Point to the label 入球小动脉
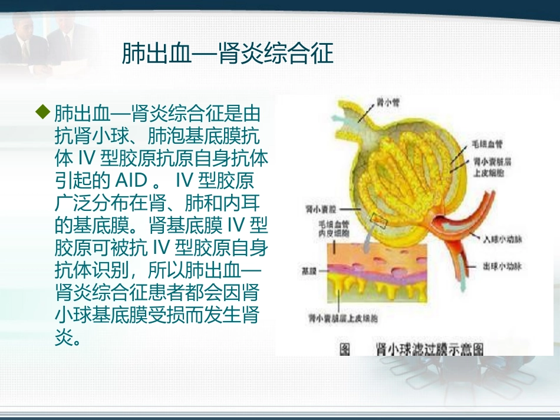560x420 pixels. click(503, 239)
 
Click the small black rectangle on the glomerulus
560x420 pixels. click(378, 222)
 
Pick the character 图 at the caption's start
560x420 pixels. click(344, 349)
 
